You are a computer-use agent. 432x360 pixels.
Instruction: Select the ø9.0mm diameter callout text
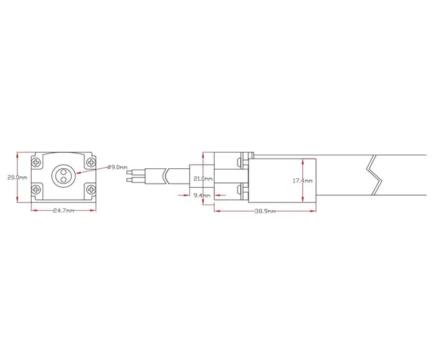click(117, 166)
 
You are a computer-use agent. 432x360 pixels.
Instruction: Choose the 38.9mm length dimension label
click(265, 211)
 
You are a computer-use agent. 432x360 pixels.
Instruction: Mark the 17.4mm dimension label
click(302, 181)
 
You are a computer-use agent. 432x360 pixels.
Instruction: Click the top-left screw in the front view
click(36, 163)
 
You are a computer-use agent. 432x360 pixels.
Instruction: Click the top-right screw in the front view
click(91, 163)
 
